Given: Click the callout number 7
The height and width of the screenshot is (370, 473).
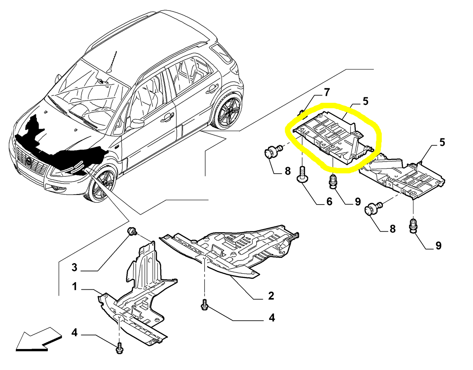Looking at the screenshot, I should pos(327,92).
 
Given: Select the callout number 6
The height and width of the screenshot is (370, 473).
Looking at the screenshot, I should pos(329,201).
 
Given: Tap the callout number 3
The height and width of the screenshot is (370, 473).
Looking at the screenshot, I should pos(74,267).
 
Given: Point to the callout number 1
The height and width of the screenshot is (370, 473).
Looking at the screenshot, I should pos(74,286).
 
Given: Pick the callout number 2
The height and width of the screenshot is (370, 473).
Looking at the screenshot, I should pos(271,296).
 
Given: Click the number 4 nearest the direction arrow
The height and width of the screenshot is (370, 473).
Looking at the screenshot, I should pos(74,333).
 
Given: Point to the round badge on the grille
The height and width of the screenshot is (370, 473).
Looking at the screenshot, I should pos(28,162).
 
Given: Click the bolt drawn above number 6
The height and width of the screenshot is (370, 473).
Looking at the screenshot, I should pos(302,174).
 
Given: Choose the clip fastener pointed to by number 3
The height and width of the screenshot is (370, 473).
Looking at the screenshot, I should pos(132,231).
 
